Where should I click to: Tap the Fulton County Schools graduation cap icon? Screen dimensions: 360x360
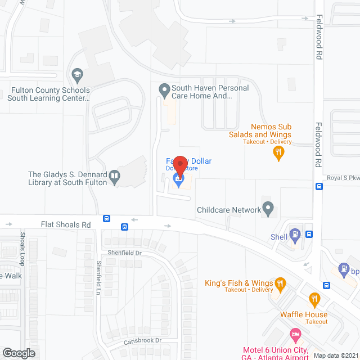pos(77,74)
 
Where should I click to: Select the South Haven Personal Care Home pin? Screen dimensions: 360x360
pos(164,89)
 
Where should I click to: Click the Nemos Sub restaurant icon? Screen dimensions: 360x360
pos(278,151)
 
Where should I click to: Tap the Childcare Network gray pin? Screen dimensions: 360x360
pos(268,209)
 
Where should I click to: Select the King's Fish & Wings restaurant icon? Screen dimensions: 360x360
pos(279,284)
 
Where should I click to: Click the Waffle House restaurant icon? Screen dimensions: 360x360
pos(314,299)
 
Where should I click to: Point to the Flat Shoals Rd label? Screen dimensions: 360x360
pos(66,224)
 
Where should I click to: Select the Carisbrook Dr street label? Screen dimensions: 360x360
pos(143,341)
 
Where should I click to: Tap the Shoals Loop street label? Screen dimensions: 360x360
pos(22,249)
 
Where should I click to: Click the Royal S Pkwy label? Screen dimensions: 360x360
pos(343,178)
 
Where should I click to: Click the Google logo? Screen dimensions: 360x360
pos(18,353)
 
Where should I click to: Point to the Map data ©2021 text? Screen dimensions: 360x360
pos(335,355)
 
